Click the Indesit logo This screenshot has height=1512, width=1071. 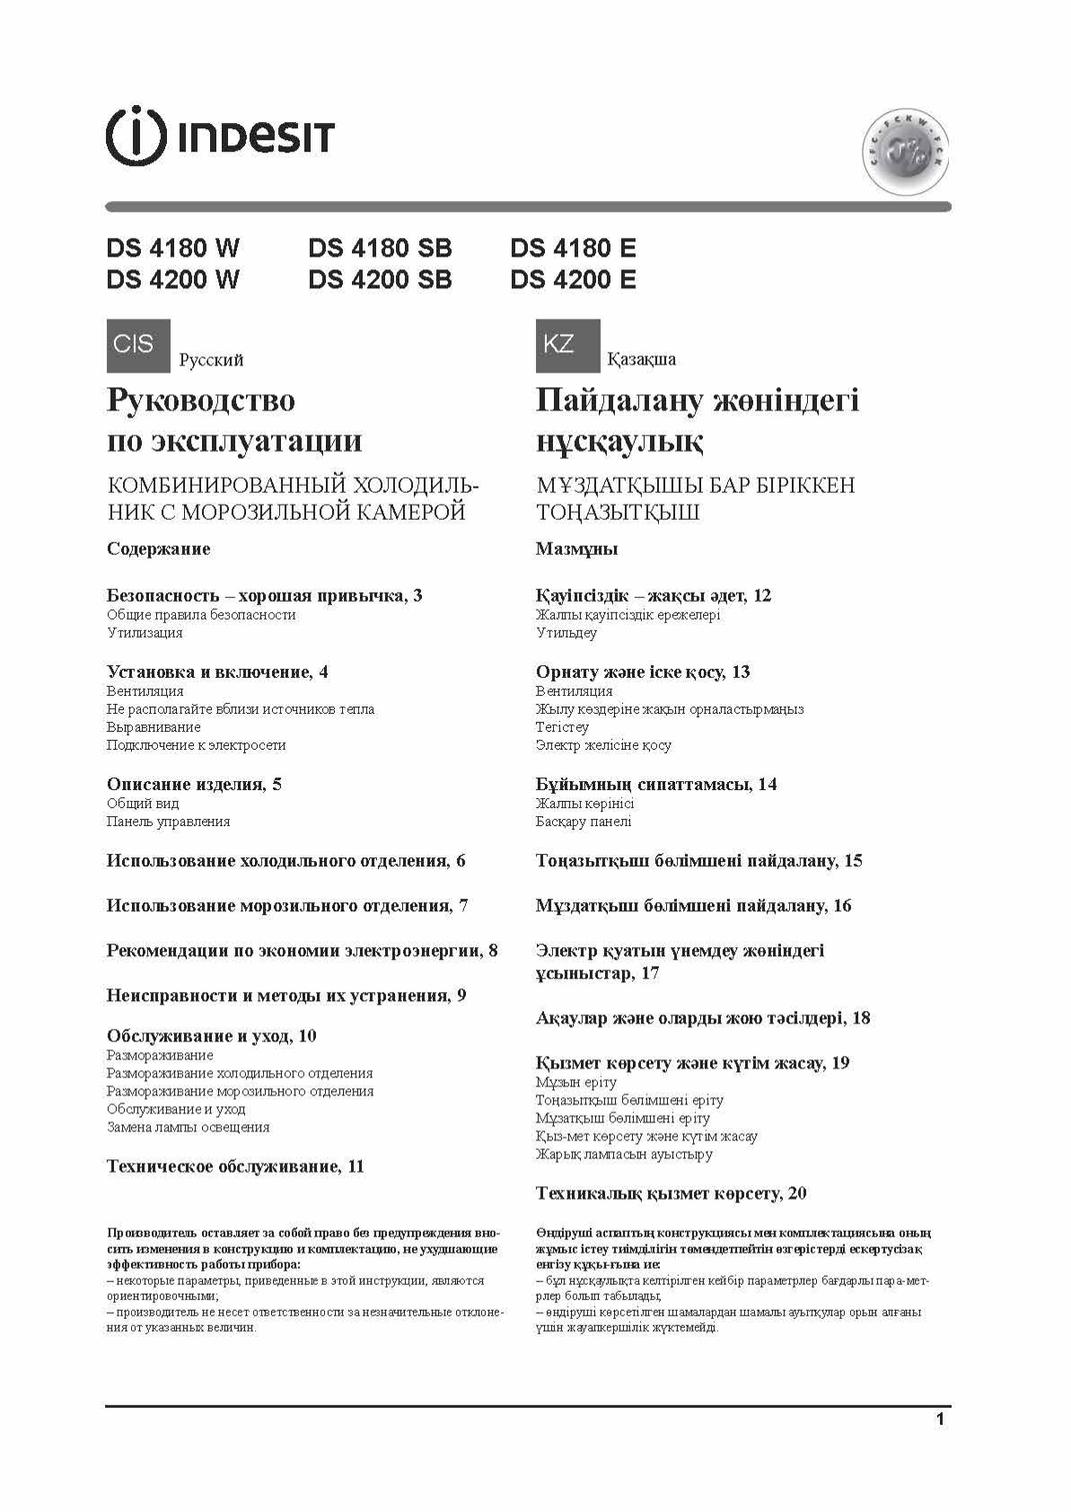[220, 137]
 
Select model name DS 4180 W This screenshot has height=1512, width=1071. [173, 248]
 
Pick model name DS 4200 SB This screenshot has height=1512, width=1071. [380, 280]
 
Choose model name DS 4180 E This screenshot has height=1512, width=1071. [573, 248]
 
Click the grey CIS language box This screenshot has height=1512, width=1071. [137, 345]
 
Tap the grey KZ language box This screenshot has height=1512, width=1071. [567, 345]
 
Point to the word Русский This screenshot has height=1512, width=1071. [211, 360]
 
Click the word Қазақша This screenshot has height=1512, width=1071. [642, 360]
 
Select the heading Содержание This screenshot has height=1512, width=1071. [158, 549]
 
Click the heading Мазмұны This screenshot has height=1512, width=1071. [576, 549]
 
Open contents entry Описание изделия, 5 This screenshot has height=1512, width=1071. [194, 784]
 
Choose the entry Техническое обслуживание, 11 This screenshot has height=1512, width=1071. [235, 1166]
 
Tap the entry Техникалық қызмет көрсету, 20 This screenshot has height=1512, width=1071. [671, 1193]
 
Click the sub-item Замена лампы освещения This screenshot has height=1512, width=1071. [188, 1127]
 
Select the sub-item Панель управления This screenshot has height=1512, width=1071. [168, 822]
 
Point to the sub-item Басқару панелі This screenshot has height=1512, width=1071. [584, 822]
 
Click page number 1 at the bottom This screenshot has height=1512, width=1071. [940, 1420]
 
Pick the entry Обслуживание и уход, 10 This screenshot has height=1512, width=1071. [211, 1035]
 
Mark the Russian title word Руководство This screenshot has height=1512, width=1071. [200, 400]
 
